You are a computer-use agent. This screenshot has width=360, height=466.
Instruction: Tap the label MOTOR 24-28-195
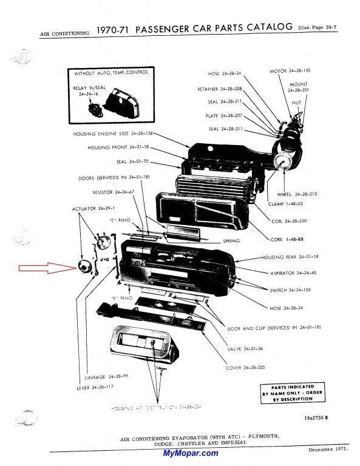click(x=291, y=72)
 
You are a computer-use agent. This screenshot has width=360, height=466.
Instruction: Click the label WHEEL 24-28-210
click(x=296, y=194)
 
